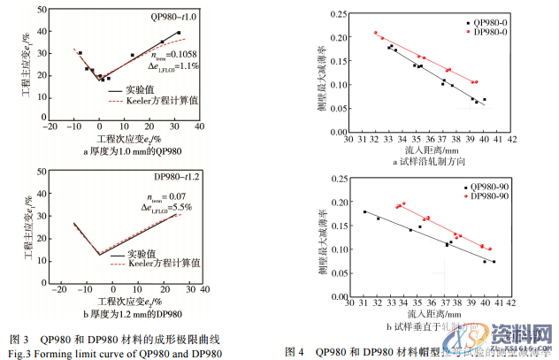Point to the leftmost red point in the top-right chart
click(376, 33)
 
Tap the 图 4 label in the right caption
click(294, 351)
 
